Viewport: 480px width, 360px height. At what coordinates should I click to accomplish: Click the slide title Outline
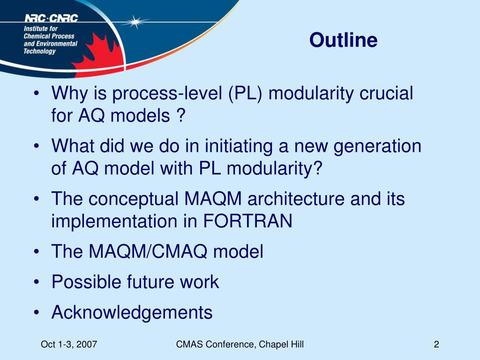[x=343, y=40]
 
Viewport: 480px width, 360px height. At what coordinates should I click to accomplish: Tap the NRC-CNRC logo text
[x=51, y=18]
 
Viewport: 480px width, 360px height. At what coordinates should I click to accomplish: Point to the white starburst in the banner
[x=135, y=22]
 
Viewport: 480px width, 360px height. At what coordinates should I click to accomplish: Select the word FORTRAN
[x=247, y=221]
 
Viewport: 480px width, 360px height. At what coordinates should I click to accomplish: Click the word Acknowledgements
[x=132, y=313]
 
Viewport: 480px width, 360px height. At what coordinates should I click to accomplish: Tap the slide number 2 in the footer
[x=436, y=345]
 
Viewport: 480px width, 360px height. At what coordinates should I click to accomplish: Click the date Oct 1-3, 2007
[x=69, y=345]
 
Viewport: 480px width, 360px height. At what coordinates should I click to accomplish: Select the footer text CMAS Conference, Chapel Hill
[x=240, y=345]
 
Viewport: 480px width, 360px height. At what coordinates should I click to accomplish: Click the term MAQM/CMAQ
[x=148, y=251]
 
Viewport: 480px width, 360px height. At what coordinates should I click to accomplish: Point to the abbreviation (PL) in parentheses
[x=245, y=93]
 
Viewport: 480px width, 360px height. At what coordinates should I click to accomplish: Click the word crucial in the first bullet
[x=386, y=93]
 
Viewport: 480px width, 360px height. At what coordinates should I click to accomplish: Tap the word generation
[x=377, y=147]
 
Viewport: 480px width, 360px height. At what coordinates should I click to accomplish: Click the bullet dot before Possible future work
[x=37, y=282]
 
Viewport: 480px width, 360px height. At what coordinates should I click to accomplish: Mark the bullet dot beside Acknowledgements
[x=37, y=313]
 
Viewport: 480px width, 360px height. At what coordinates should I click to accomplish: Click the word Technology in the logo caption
[x=39, y=51]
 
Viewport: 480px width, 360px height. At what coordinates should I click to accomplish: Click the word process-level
[x=167, y=93]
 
